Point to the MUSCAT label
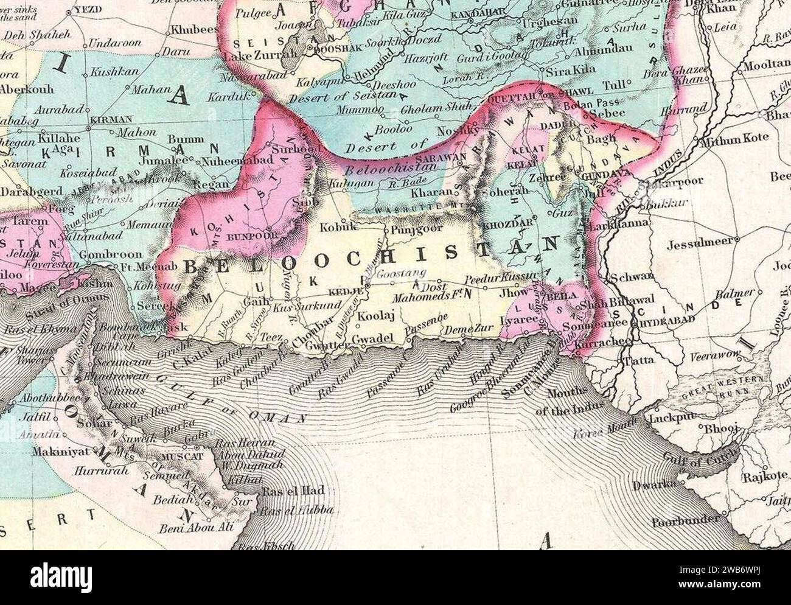(175, 455)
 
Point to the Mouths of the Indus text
(575, 402)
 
